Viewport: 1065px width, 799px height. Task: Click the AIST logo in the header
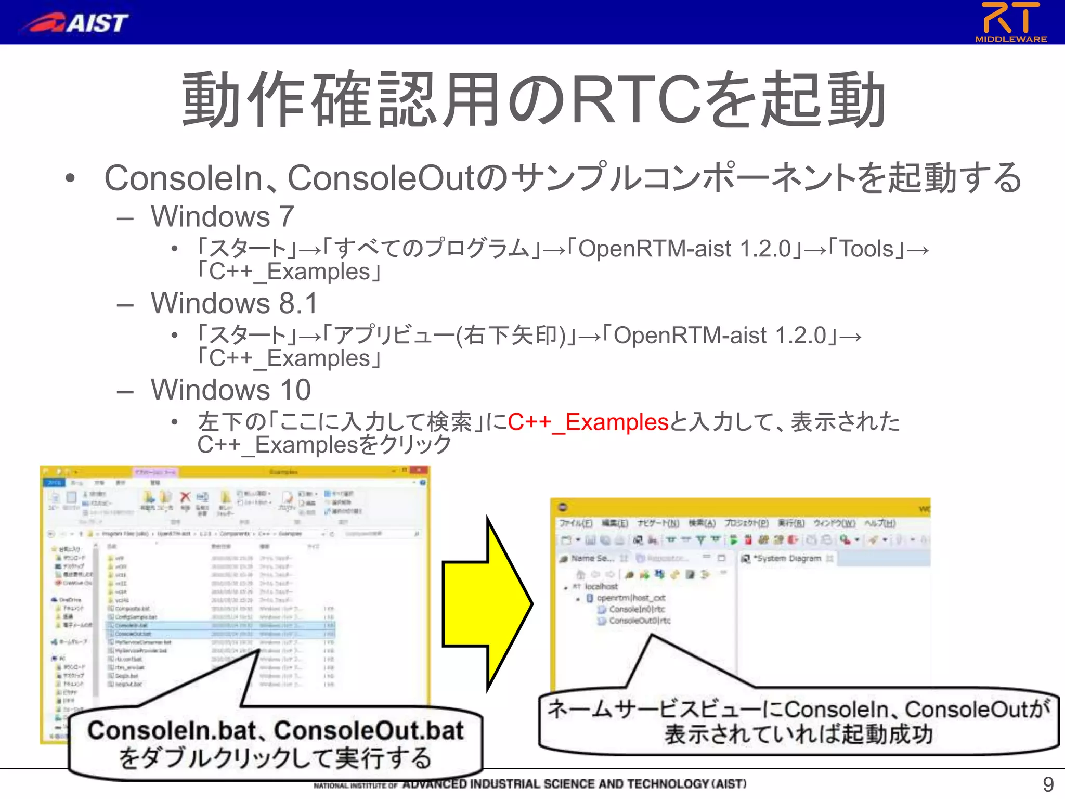click(x=75, y=22)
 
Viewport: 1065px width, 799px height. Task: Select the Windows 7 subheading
click(x=223, y=216)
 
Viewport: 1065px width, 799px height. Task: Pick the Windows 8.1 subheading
click(x=234, y=303)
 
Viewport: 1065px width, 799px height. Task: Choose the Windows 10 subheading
click(x=231, y=390)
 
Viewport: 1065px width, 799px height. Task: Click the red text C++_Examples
click(x=588, y=422)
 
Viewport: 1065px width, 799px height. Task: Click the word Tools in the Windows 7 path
click(x=866, y=249)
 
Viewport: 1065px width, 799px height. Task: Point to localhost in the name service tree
click(x=601, y=586)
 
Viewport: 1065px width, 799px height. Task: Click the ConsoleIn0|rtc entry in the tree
click(x=636, y=609)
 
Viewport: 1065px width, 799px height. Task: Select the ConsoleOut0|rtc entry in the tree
click(x=639, y=621)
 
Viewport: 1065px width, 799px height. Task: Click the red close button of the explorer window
click(x=418, y=471)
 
